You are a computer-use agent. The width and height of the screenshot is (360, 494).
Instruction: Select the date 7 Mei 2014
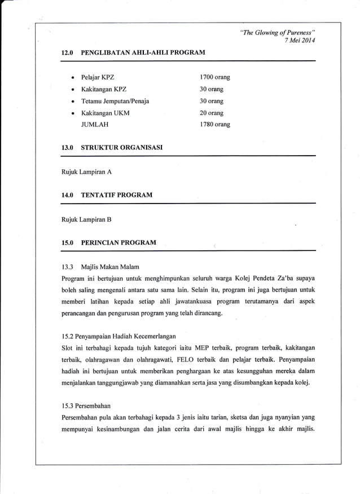(x=301, y=41)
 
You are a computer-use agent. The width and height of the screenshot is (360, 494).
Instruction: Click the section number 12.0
(x=68, y=52)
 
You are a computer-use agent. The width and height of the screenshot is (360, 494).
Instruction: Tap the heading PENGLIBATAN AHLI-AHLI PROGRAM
(x=143, y=52)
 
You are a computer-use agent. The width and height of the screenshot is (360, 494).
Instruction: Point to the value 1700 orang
(x=214, y=77)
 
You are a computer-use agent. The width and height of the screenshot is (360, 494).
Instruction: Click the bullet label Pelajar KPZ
(x=98, y=77)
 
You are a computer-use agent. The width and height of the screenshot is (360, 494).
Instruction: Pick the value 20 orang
(x=212, y=113)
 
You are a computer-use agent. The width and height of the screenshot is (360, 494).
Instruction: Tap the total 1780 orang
(x=214, y=125)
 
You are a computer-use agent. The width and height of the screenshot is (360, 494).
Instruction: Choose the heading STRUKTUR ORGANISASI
(x=122, y=147)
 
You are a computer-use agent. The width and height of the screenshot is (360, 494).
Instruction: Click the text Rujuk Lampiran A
(x=86, y=171)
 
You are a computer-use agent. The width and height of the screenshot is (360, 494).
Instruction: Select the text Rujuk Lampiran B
(x=86, y=219)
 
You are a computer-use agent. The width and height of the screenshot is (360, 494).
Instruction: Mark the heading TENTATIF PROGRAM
(x=116, y=195)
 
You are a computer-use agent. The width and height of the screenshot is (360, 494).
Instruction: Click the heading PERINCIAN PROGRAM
(x=118, y=242)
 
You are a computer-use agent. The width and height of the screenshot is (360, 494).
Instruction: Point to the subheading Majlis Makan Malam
(x=110, y=266)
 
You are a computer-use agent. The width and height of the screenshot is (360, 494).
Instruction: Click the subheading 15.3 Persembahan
(x=86, y=405)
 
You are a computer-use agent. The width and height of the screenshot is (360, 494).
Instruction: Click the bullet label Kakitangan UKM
(x=105, y=113)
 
